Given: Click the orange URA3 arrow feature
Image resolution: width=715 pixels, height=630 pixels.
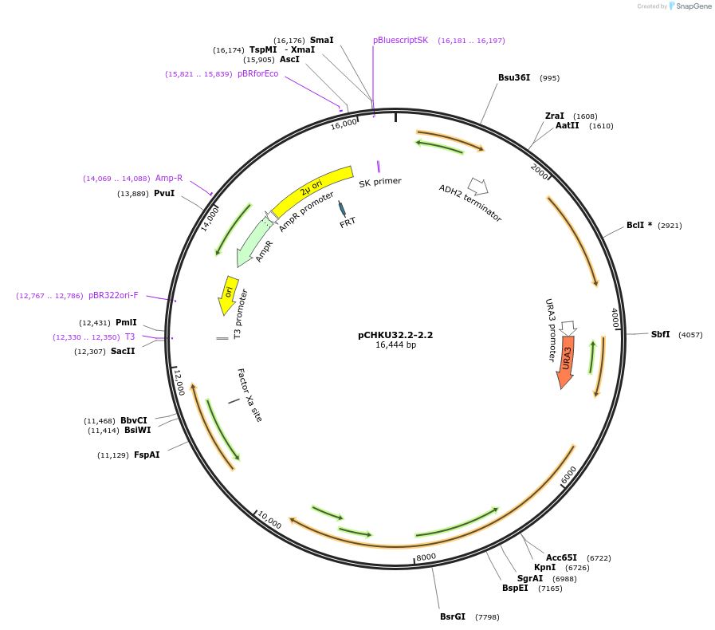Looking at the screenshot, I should point(566,361).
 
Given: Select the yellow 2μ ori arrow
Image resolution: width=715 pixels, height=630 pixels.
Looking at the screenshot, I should point(311,189).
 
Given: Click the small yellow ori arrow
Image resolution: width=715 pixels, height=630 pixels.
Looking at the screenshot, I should point(229,295).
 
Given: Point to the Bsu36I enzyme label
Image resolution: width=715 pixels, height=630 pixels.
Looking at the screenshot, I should point(514,78).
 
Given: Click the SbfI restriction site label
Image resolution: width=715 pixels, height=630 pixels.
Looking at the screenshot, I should point(661,334).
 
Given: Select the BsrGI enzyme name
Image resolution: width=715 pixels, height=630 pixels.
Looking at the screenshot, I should point(453,616).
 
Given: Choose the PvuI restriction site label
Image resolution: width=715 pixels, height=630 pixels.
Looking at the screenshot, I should point(164,193).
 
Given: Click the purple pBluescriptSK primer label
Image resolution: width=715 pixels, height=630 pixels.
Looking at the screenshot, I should point(400,40).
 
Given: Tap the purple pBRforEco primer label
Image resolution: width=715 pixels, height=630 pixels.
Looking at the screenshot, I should point(258,73).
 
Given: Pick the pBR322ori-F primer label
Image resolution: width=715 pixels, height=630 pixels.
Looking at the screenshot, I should point(113,295).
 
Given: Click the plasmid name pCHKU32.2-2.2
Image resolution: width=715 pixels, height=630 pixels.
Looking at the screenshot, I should point(395,335).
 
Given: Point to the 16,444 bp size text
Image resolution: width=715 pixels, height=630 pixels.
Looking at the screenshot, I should point(395,345).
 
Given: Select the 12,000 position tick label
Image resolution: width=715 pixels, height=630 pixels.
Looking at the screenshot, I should point(179,382).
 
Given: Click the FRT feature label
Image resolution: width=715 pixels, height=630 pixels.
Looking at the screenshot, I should point(348,222).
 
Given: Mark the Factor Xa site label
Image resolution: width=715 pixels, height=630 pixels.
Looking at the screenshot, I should point(249,395).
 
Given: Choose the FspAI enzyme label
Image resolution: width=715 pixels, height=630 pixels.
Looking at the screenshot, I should point(147,455).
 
